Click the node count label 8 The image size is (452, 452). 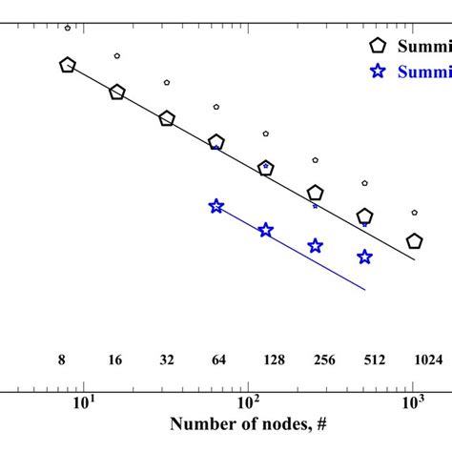[61, 360]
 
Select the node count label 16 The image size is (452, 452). [114, 360]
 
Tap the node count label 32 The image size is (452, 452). [167, 360]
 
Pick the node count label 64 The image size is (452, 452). [216, 360]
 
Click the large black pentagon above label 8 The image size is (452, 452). [67, 65]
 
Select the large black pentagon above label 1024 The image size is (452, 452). [414, 242]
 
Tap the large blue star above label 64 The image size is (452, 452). [216, 206]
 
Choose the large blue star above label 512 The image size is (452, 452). [364, 257]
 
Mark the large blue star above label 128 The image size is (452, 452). [266, 230]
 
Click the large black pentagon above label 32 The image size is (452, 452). [167, 119]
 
